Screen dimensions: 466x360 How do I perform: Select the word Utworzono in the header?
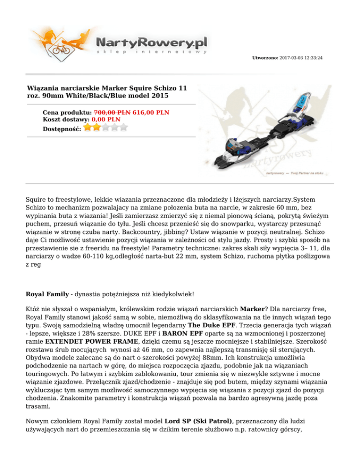coord(265,58)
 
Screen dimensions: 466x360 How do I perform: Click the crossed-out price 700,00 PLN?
coord(112,113)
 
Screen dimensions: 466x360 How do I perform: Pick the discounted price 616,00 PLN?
coord(151,113)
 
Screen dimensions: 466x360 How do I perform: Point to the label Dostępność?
coord(61,128)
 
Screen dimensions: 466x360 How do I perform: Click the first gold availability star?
coord(88,127)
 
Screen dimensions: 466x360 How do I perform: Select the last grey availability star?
coord(124,127)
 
